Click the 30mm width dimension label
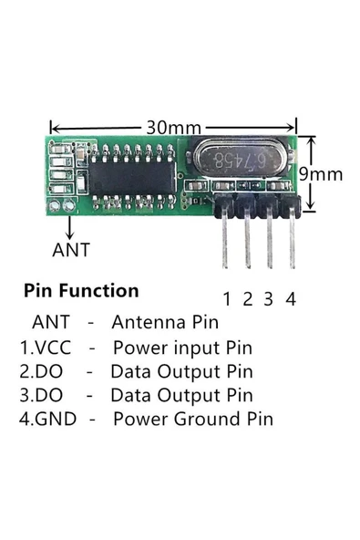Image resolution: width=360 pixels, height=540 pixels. click(x=174, y=128)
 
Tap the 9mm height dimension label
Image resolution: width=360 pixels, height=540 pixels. click(x=321, y=174)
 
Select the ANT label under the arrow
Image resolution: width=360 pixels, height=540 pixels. click(x=71, y=250)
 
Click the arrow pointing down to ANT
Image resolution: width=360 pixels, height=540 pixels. click(x=70, y=227)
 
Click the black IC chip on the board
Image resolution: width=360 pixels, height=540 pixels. click(x=132, y=179)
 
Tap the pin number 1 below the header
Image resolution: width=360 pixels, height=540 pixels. click(x=227, y=299)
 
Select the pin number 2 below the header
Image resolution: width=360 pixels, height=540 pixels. click(x=248, y=299)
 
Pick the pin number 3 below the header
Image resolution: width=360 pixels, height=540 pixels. click(x=269, y=299)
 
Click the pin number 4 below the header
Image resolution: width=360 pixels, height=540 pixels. click(x=291, y=299)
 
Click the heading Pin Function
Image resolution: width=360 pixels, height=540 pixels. click(x=81, y=290)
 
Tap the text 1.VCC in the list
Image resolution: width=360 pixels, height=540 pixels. click(x=46, y=348)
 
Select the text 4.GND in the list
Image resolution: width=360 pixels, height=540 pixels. click(x=47, y=419)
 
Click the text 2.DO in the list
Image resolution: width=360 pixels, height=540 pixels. click(x=41, y=371)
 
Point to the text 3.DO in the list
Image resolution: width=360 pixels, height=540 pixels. click(x=41, y=395)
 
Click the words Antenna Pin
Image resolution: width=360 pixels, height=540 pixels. click(x=165, y=322)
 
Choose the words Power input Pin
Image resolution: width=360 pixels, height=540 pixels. click(x=183, y=348)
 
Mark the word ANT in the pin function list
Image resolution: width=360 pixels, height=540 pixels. click(x=51, y=322)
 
